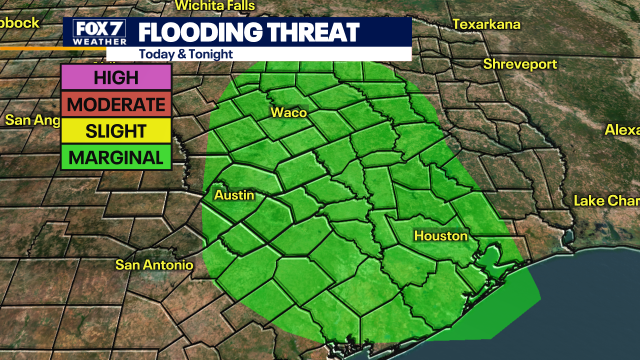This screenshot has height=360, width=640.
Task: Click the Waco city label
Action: [288, 112]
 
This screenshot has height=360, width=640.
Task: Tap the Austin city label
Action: [234, 195]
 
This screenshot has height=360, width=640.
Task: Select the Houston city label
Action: [440, 235]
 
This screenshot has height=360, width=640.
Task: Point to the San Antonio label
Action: [154, 264]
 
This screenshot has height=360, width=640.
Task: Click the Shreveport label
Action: [519, 64]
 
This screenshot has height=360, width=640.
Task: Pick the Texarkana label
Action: [486, 24]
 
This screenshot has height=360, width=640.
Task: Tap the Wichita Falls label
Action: [215, 6]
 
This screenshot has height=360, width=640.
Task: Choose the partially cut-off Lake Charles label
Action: [606, 201]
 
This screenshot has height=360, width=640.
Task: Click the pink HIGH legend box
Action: [116, 77]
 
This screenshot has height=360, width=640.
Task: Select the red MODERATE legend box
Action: [116, 104]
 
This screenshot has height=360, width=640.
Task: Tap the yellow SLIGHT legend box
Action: [116, 131]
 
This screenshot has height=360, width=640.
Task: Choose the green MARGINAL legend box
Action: [116, 158]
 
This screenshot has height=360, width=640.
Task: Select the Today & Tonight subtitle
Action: [186, 54]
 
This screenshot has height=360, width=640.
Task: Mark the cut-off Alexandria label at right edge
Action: [622, 129]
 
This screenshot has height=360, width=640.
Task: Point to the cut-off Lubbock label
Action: [19, 22]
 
